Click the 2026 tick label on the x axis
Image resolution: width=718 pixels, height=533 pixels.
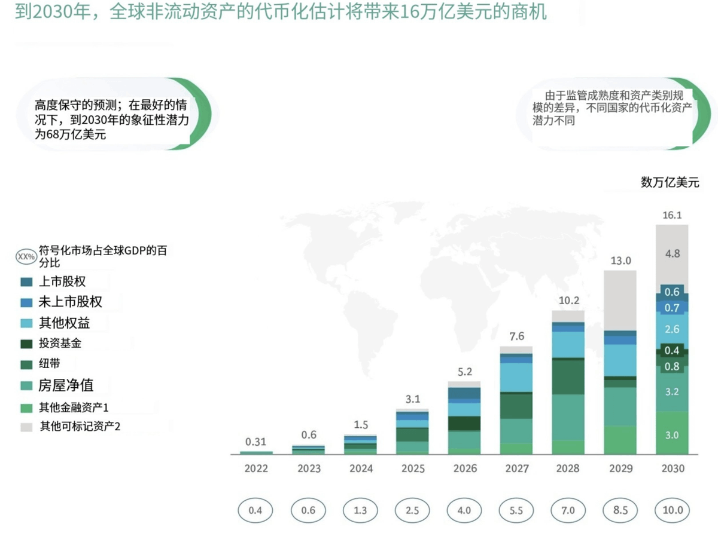coord(464,468)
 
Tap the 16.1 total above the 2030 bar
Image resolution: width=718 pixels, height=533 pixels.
coord(672,215)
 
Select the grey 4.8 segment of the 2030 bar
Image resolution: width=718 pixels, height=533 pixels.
coord(672,253)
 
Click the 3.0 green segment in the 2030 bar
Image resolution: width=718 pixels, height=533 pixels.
coord(672,435)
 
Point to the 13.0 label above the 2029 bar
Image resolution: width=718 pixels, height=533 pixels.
coord(620,261)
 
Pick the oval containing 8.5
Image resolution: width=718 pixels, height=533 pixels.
coord(620,511)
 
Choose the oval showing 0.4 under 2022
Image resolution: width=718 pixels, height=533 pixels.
coord(255,511)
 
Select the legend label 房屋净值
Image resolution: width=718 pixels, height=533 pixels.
coord(66,385)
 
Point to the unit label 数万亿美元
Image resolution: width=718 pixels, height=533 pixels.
coord(670,183)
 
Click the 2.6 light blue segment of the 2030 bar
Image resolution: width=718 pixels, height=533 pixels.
coord(672,329)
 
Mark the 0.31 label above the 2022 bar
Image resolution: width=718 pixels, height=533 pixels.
coord(255,442)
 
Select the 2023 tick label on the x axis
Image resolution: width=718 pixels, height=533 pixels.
coord(308,468)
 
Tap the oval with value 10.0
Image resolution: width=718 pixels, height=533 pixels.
coord(672,511)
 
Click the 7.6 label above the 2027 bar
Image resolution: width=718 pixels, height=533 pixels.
coord(516,336)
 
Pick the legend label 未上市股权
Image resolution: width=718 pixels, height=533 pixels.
coord(70,302)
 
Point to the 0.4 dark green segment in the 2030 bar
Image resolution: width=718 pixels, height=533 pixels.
coord(672,351)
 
